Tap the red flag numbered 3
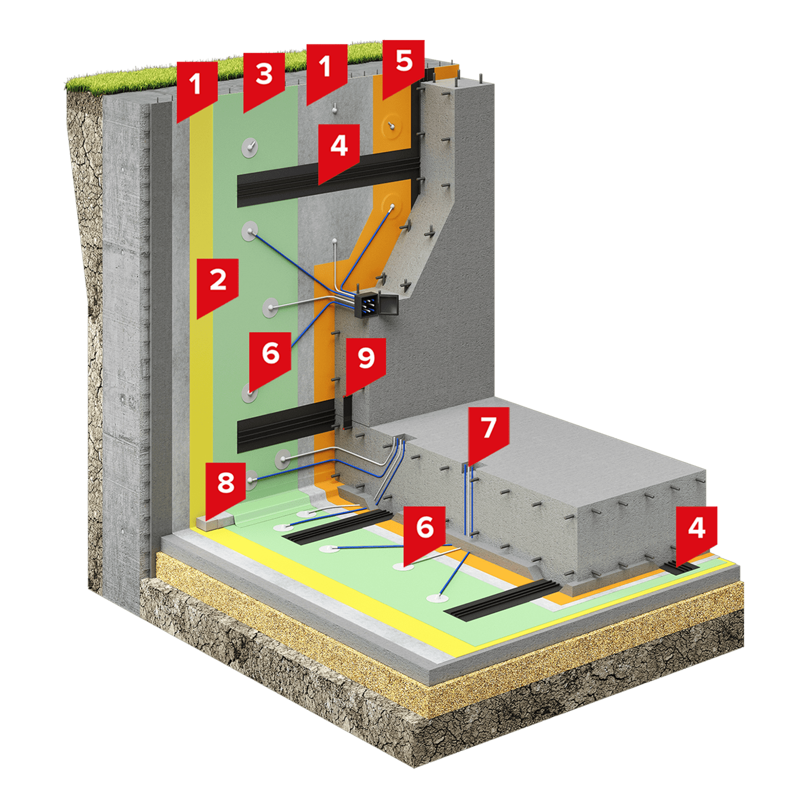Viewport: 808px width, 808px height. (x=264, y=80)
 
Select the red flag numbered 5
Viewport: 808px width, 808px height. (x=404, y=67)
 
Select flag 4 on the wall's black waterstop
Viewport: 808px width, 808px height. (x=339, y=151)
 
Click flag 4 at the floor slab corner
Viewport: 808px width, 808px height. (x=696, y=533)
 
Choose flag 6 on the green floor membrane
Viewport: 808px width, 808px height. (x=425, y=533)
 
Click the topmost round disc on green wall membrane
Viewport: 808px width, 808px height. (x=250, y=147)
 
